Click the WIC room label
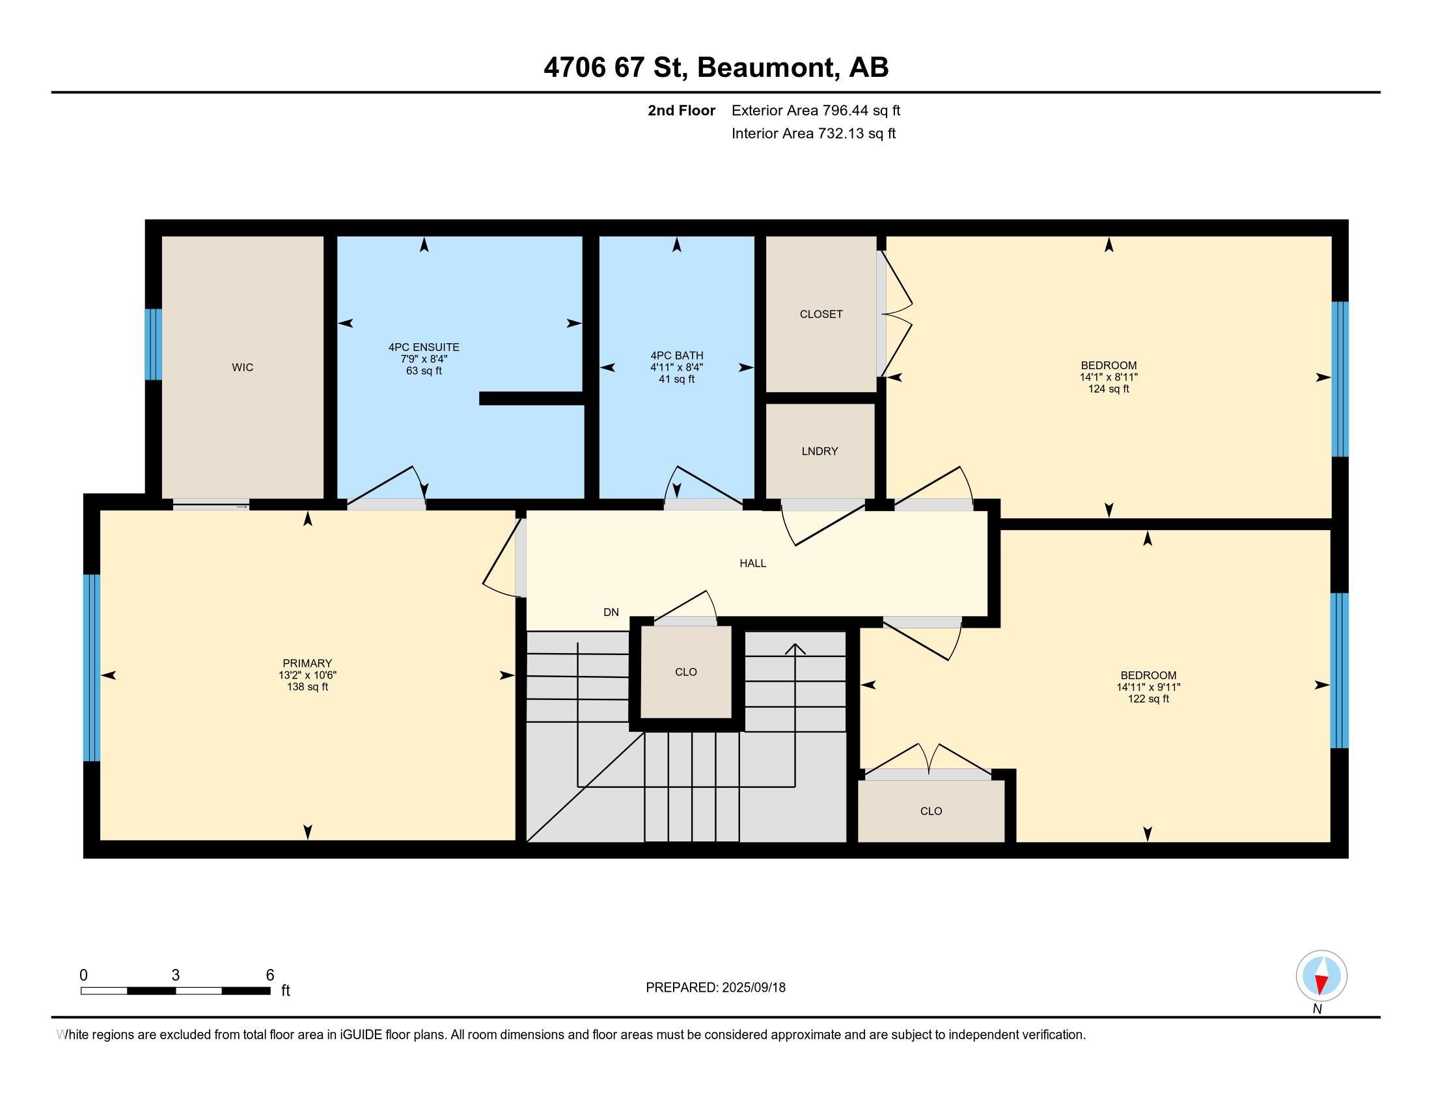pyautogui.click(x=243, y=367)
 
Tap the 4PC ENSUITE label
pyautogui.click(x=424, y=347)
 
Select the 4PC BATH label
pyautogui.click(x=677, y=356)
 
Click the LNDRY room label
pyautogui.click(x=819, y=451)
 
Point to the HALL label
pyautogui.click(x=752, y=563)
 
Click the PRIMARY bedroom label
pyautogui.click(x=307, y=663)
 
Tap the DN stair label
pyautogui.click(x=611, y=613)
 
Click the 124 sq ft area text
pyautogui.click(x=1108, y=389)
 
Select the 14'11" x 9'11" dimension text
pyautogui.click(x=1149, y=687)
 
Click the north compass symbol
pyautogui.click(x=1321, y=975)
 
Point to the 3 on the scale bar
pyautogui.click(x=176, y=975)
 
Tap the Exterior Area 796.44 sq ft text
pyautogui.click(x=816, y=110)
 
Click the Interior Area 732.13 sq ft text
pyautogui.click(x=814, y=133)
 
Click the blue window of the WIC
pyautogui.click(x=153, y=344)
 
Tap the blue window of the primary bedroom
pyautogui.click(x=92, y=667)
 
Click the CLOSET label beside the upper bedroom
pyautogui.click(x=821, y=314)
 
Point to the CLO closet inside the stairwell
pyautogui.click(x=686, y=672)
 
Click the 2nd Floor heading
pyautogui.click(x=682, y=110)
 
